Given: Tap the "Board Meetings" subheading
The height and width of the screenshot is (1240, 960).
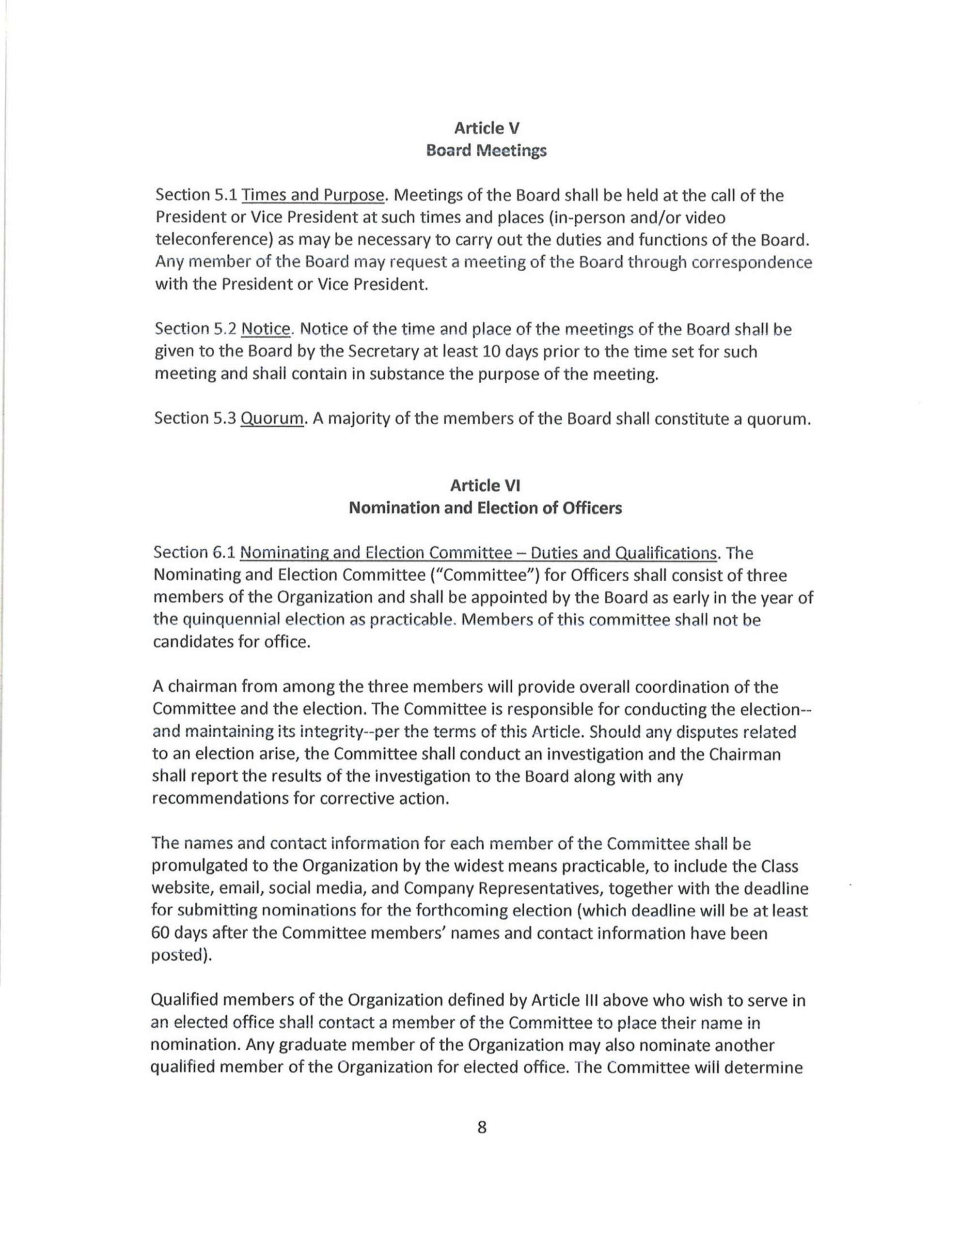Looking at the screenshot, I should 486,151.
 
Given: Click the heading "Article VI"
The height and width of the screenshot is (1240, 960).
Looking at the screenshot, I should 485,485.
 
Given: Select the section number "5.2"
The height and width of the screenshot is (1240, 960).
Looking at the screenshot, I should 225,329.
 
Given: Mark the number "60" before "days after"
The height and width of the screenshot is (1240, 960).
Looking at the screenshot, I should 162,933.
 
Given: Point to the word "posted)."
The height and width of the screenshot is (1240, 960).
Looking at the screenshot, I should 181,955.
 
